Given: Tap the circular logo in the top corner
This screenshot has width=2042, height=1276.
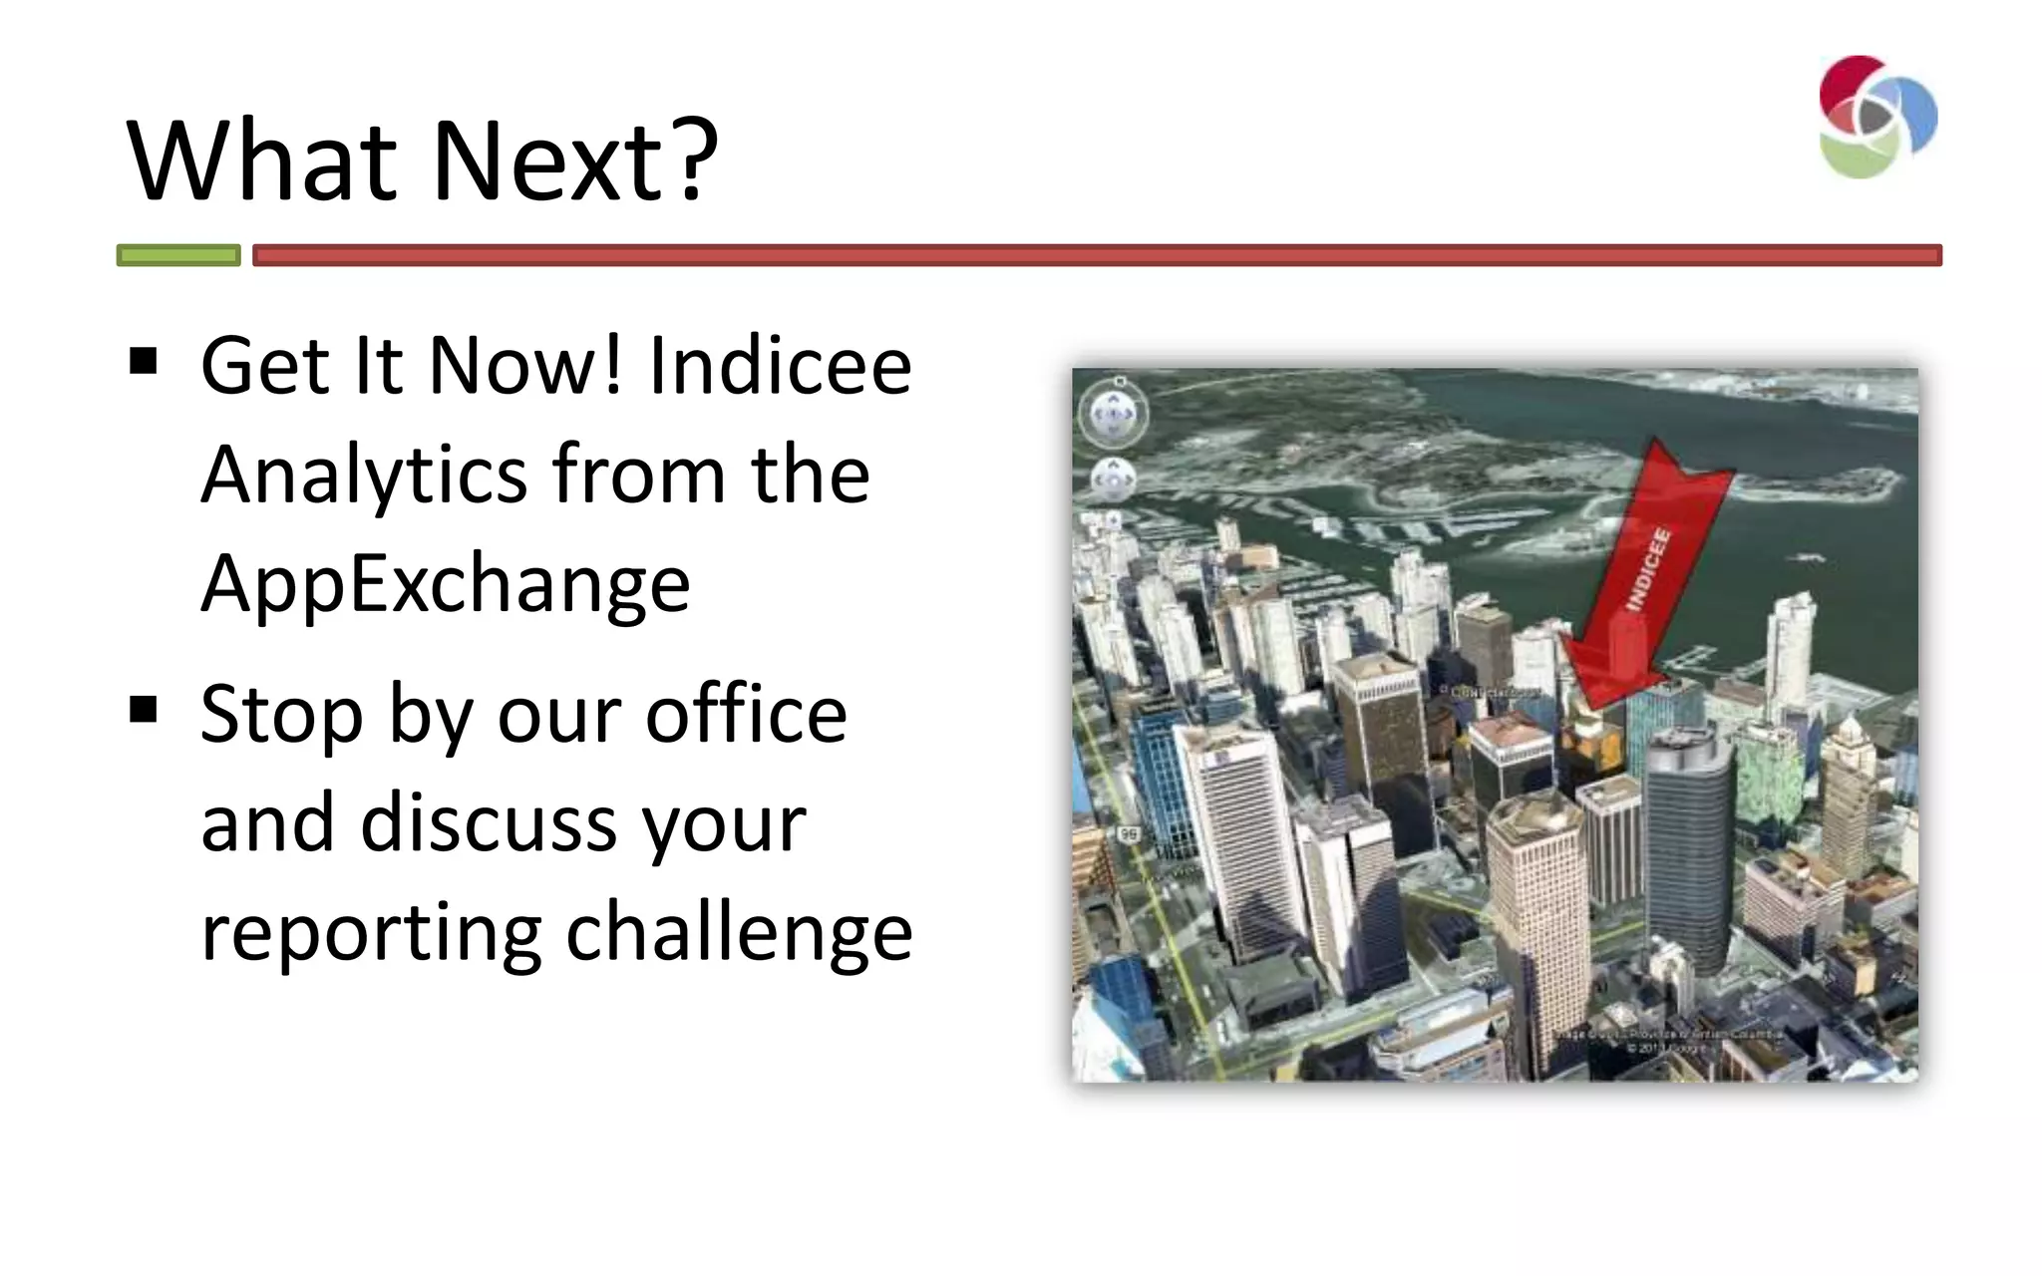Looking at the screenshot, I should [x=1875, y=118].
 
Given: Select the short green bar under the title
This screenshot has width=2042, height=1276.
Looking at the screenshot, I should [x=178, y=255].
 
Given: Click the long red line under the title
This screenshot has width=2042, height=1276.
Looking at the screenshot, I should [x=1097, y=255].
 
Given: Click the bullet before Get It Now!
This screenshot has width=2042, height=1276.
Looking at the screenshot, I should [x=144, y=361].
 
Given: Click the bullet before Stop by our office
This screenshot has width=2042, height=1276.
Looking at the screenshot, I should [x=144, y=710].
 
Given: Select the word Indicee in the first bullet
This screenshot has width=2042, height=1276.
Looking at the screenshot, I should [x=780, y=365].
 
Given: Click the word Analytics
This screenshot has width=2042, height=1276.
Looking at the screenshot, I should [x=363, y=475].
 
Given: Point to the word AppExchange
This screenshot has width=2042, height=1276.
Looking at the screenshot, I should [x=445, y=583].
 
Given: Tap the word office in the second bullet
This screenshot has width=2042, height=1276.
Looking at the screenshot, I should [x=746, y=714].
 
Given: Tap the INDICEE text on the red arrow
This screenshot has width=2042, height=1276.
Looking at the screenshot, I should [x=1648, y=568].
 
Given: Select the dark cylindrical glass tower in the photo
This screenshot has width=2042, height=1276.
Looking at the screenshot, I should [x=1688, y=847].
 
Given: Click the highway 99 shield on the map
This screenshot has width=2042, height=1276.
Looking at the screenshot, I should [x=1129, y=833].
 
